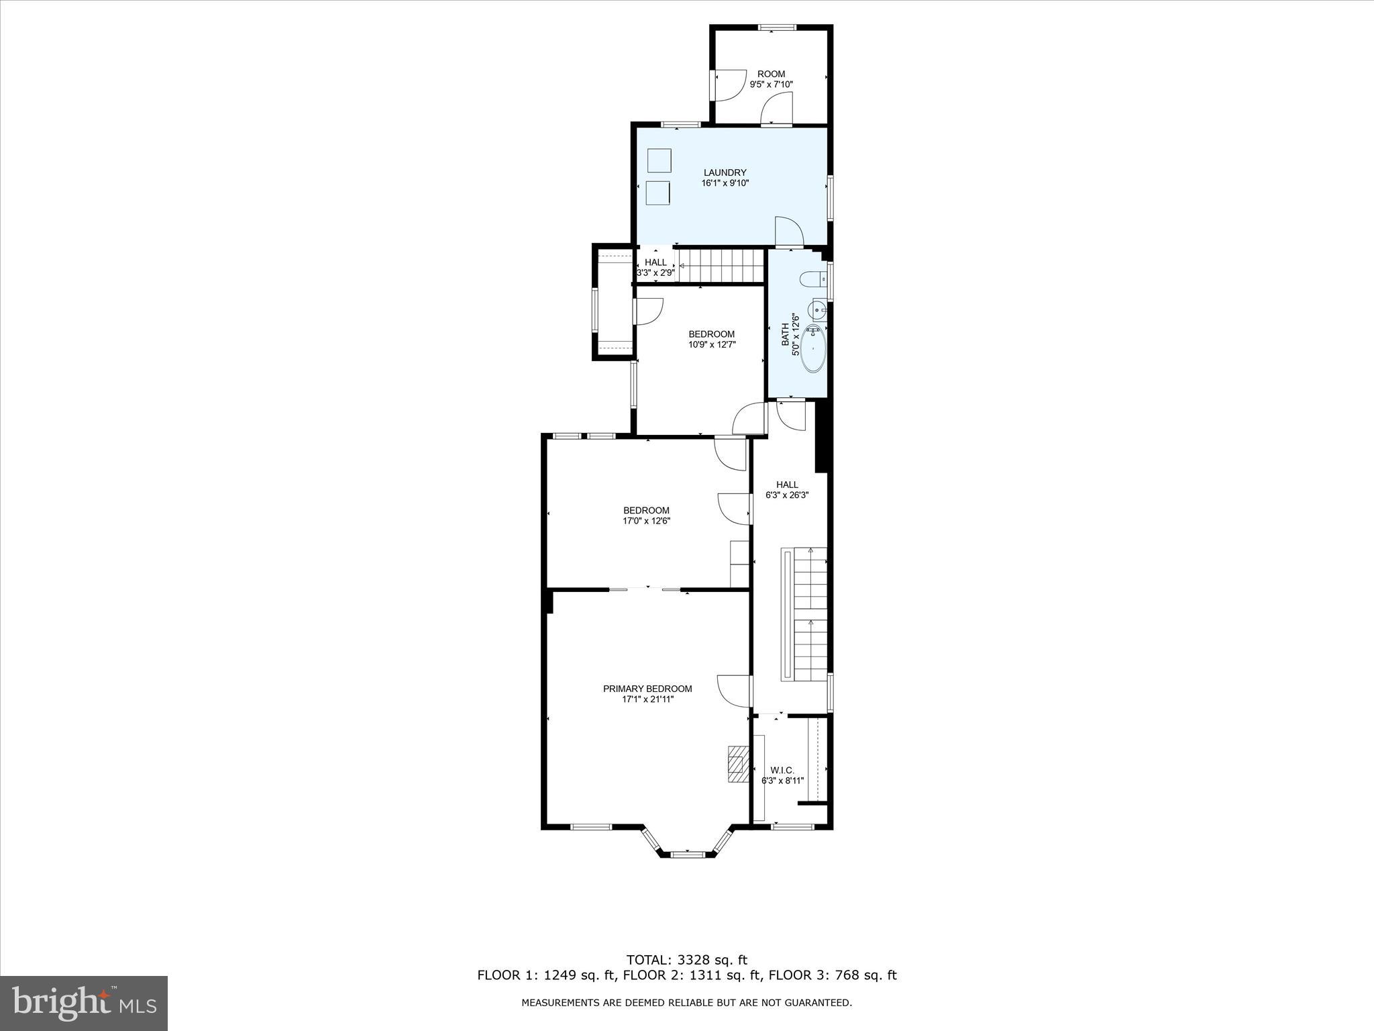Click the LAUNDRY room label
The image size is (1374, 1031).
tap(725, 173)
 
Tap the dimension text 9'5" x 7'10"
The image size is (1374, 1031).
tap(771, 85)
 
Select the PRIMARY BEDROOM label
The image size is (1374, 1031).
tap(647, 689)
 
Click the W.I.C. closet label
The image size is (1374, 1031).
tap(782, 770)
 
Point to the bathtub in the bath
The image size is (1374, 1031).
tap(813, 348)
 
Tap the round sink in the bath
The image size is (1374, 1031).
tap(816, 310)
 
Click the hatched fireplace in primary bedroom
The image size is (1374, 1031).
tap(738, 764)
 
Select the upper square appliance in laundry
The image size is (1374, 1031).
tap(659, 160)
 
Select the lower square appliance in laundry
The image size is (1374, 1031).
tap(659, 193)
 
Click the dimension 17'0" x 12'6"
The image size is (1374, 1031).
tap(646, 520)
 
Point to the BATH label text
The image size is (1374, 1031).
tap(785, 334)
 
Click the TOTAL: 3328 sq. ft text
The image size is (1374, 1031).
tap(686, 960)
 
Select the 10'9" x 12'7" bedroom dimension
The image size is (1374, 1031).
tap(712, 344)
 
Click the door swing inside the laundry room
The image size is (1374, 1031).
tap(789, 232)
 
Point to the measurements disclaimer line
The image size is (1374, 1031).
tap(686, 1003)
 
